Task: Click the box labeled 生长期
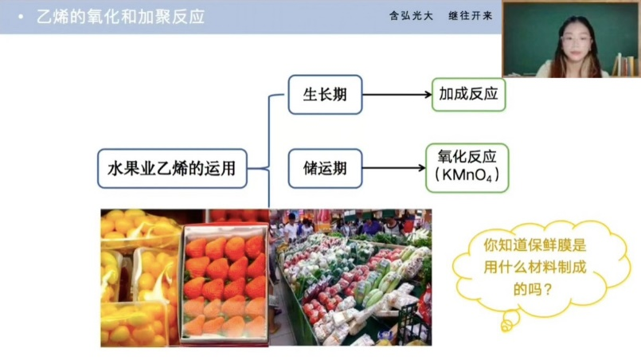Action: [x=324, y=94]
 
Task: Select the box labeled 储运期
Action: [x=324, y=168]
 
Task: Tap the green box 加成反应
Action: [x=468, y=94]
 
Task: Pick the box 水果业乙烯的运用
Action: [x=172, y=168]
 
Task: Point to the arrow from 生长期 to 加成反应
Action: [x=396, y=94]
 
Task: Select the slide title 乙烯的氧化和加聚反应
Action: [x=120, y=16]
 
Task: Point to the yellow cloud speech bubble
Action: [x=541, y=266]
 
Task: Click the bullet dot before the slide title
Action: [x=20, y=16]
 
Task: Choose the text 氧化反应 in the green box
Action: [x=468, y=158]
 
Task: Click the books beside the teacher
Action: [x=626, y=65]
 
